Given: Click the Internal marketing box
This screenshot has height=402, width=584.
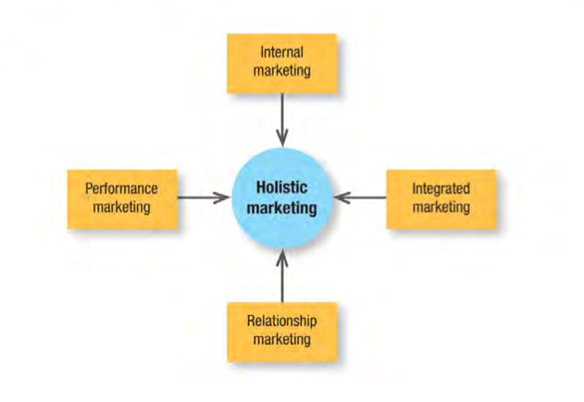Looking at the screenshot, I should [281, 63].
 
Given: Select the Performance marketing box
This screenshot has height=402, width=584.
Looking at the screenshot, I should [121, 197].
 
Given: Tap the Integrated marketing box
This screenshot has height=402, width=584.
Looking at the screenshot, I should [441, 197].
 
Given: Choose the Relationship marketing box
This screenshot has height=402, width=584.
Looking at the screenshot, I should [281, 331].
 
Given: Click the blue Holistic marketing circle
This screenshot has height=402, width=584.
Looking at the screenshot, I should [281, 197].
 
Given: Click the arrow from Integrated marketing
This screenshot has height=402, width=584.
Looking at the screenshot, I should [361, 197].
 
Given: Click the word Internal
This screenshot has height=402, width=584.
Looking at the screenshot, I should [281, 54].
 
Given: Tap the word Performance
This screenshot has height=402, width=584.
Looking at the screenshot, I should [121, 188].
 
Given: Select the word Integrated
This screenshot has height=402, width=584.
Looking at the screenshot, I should [441, 188].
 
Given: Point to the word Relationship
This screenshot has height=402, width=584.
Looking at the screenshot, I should [281, 321].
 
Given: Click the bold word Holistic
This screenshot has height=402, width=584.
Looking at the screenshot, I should [281, 187].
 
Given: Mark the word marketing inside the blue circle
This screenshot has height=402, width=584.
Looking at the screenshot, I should [281, 207].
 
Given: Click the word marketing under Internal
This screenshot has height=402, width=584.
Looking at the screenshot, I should [281, 72].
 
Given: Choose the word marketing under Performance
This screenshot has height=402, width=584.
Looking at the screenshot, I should [121, 207].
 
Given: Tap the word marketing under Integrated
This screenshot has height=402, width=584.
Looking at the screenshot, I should [441, 207].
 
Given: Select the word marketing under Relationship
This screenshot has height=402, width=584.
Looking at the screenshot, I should [281, 340].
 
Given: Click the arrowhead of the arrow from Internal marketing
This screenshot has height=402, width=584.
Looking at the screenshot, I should [281, 138].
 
